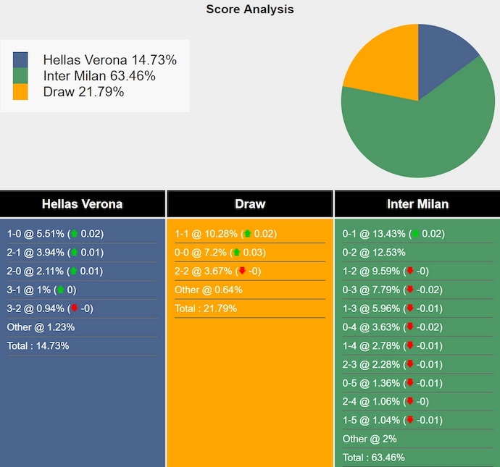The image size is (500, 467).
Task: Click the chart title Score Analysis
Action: click(250, 9)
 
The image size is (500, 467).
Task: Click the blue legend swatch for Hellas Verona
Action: click(20, 60)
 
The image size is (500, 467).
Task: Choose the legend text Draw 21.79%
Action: click(83, 92)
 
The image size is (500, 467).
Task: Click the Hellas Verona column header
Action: click(82, 204)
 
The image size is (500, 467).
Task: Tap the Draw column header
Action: click(250, 204)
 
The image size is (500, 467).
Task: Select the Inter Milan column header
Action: click(417, 204)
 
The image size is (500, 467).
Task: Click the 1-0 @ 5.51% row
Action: click(55, 234)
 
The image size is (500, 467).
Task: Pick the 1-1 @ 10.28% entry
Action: click(225, 234)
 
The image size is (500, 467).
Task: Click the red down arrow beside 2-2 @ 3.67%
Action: click(241, 272)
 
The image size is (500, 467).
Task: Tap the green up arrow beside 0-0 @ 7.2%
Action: click(237, 253)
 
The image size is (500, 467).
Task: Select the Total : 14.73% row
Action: click(38, 345)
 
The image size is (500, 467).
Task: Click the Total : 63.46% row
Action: click(374, 457)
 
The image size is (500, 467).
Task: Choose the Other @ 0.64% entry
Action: click(209, 290)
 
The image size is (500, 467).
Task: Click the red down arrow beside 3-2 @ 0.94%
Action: click(74, 308)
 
